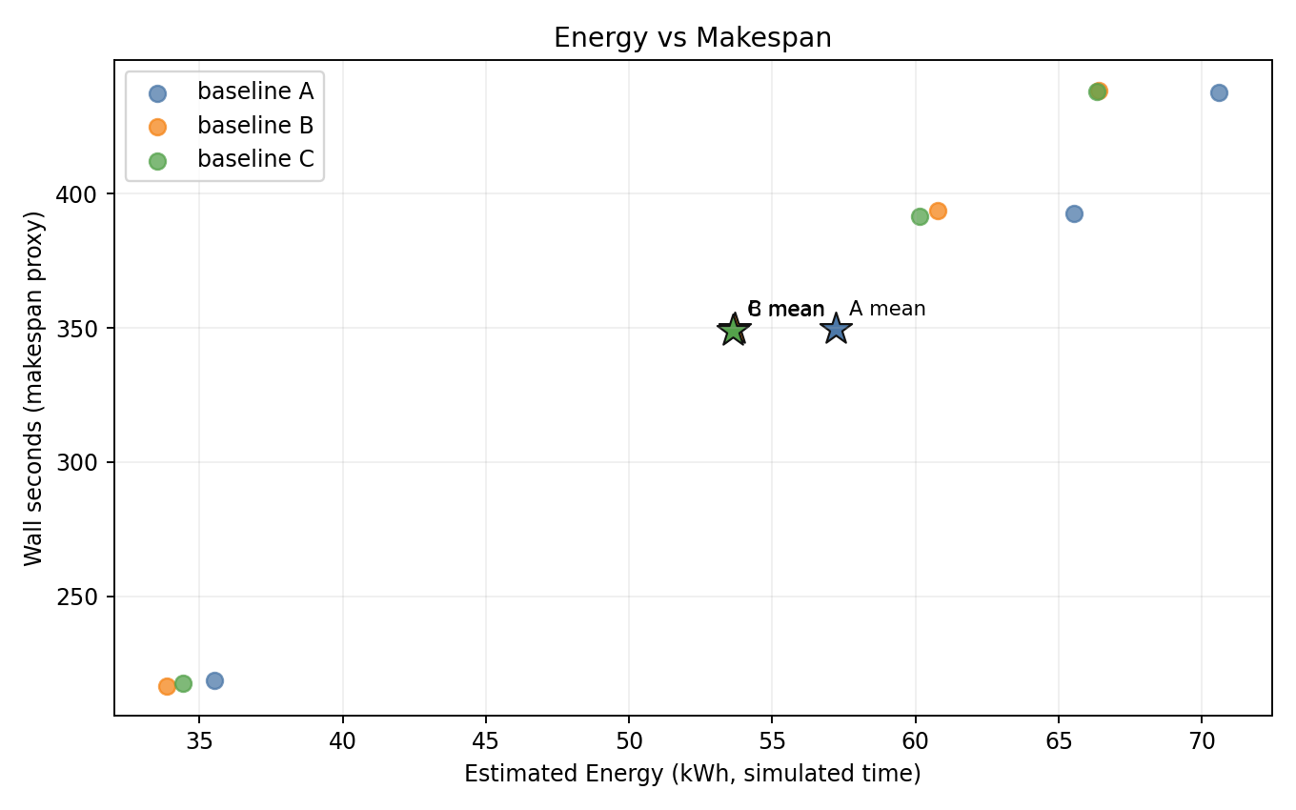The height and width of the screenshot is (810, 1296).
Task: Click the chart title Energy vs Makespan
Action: [x=693, y=38]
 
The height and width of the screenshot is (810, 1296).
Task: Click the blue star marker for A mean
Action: [x=836, y=329]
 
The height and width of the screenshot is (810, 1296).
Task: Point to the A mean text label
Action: [x=887, y=309]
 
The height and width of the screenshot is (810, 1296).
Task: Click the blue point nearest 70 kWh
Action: [x=1219, y=92]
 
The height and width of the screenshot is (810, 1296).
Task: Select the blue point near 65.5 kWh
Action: [x=1074, y=213]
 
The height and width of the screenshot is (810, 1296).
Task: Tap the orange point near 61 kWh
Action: [x=938, y=211]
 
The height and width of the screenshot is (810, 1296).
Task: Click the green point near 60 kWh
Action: [x=920, y=216]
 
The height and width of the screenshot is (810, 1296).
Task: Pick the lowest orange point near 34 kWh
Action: [x=167, y=686]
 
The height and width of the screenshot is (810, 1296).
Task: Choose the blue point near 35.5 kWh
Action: [x=214, y=680]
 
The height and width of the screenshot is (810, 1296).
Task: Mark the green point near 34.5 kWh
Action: [x=183, y=683]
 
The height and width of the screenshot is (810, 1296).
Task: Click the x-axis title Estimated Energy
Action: [x=693, y=775]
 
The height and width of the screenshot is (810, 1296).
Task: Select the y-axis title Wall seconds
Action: [x=34, y=388]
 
